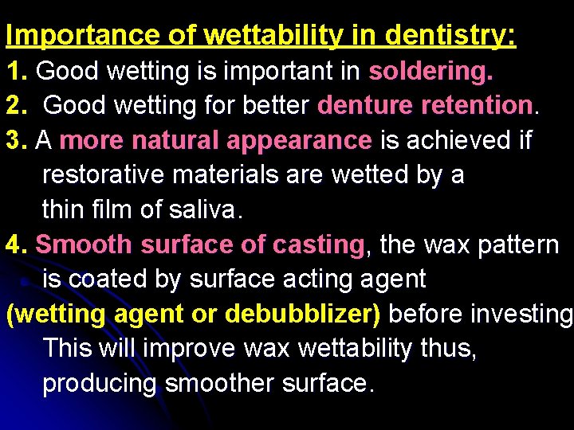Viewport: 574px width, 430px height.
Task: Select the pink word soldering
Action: point(431,72)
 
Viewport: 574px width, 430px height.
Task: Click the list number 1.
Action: point(15,72)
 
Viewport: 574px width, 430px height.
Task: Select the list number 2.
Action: point(15,106)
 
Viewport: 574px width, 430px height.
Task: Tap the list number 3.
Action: point(15,141)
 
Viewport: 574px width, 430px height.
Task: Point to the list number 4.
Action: point(15,244)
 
